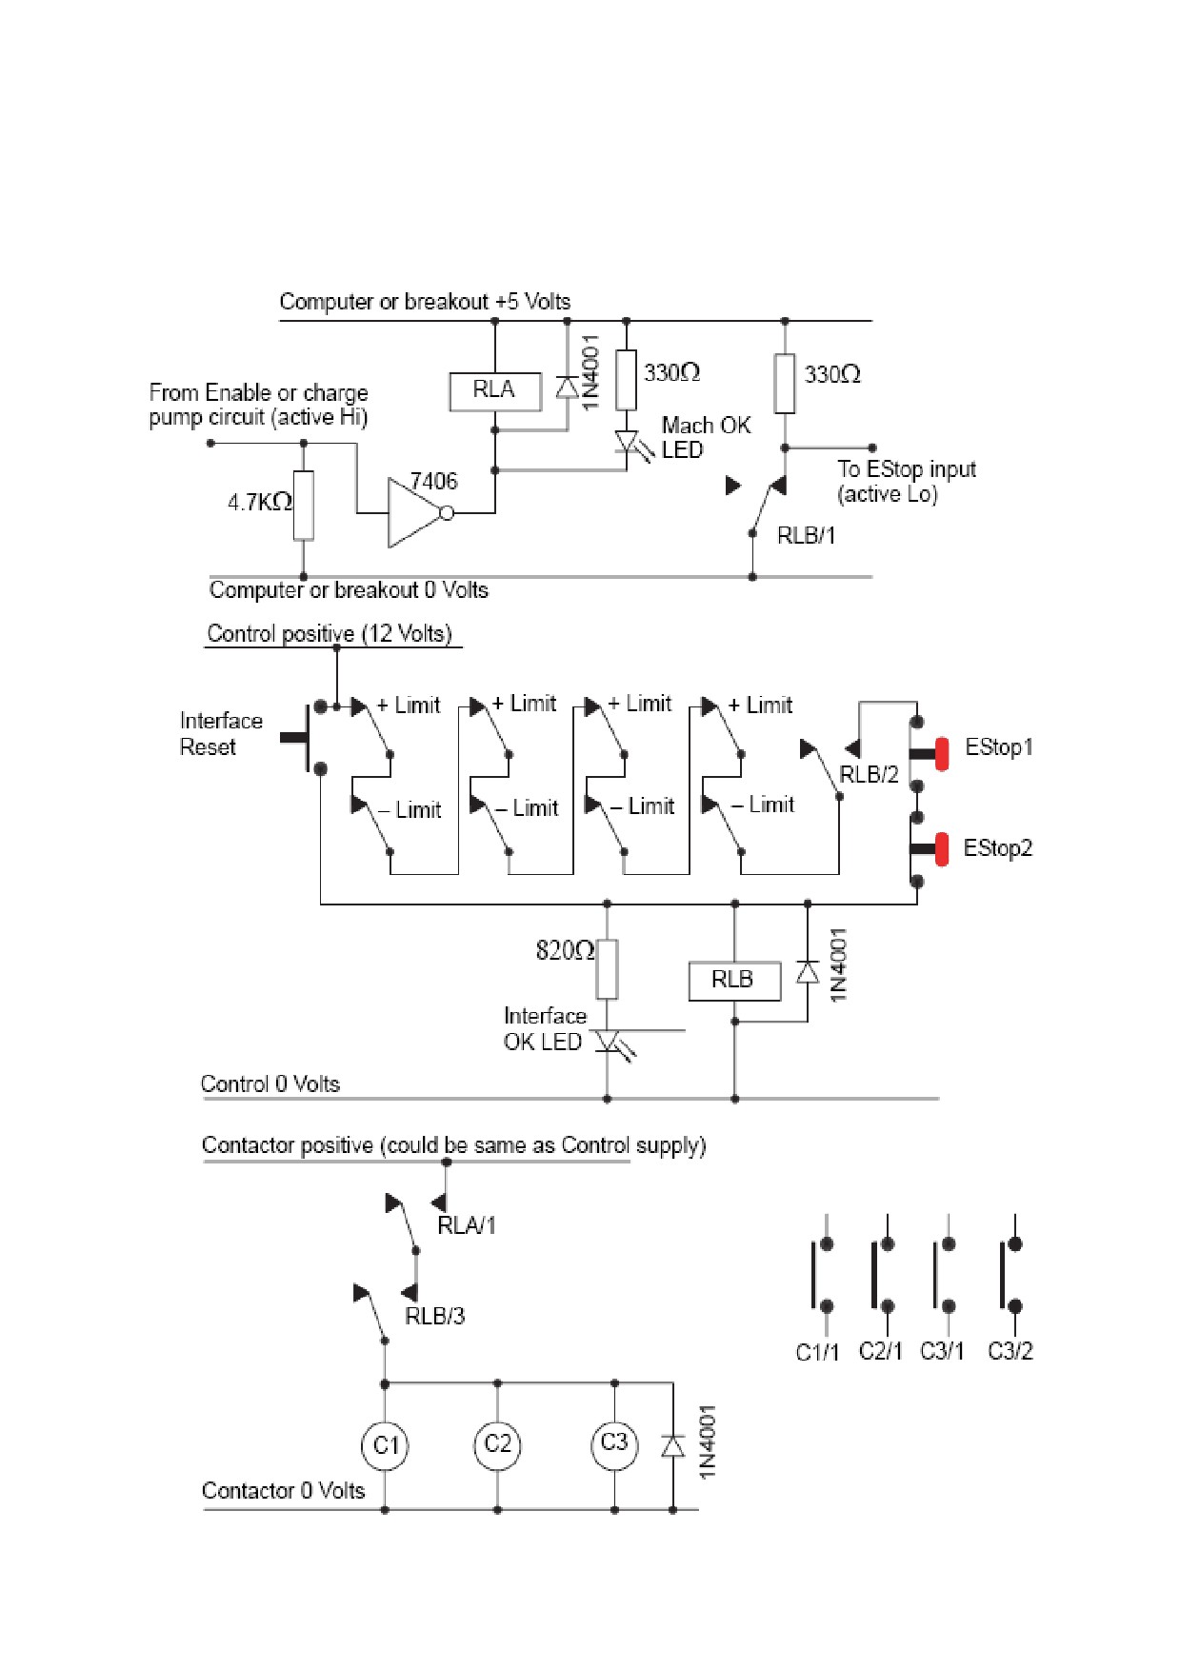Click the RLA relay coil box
pos(495,390)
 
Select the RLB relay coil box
pos(734,981)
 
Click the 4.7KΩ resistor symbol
pos(304,505)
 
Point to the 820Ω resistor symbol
pos(607,969)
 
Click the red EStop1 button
pos(941,753)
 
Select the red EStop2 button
pos(941,849)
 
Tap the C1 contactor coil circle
pos(385,1445)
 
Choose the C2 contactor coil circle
pos(497,1444)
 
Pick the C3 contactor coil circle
pos(614,1443)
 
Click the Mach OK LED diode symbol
pos(627,443)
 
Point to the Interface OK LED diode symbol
pos(608,1042)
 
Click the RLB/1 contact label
pos(806,536)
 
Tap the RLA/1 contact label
pos(467,1225)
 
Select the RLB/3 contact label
pos(435,1317)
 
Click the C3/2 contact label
pos(1010,1351)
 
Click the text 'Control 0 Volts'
pos(270,1084)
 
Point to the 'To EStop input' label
pos(907,469)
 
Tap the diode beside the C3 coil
pos(673,1446)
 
